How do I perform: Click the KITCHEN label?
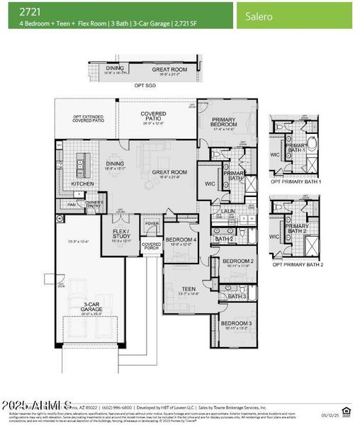[x=83, y=184]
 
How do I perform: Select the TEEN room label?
[x=189, y=288]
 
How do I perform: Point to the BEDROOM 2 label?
[x=237, y=261]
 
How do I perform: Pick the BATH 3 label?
[x=236, y=296]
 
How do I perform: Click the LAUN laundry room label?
[x=227, y=211]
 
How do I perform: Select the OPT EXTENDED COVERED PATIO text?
[x=89, y=120]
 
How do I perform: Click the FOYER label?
[x=152, y=224]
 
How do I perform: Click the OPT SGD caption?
[x=145, y=85]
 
